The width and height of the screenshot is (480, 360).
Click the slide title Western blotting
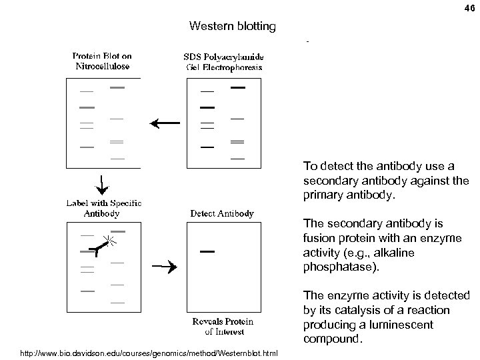pos(232,27)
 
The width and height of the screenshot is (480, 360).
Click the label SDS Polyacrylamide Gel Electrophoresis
pos(223,61)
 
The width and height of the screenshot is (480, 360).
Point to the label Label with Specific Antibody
pos(102,208)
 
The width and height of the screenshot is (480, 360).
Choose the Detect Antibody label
pos(222,213)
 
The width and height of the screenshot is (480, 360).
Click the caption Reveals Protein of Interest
pos(218,326)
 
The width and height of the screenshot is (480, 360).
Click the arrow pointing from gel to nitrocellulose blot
pos(165,123)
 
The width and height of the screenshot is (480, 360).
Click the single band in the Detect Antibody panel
pos(207,251)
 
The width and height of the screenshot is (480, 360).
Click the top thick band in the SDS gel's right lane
pos(237,88)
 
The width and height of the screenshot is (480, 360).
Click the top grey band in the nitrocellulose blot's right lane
pos(117,88)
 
